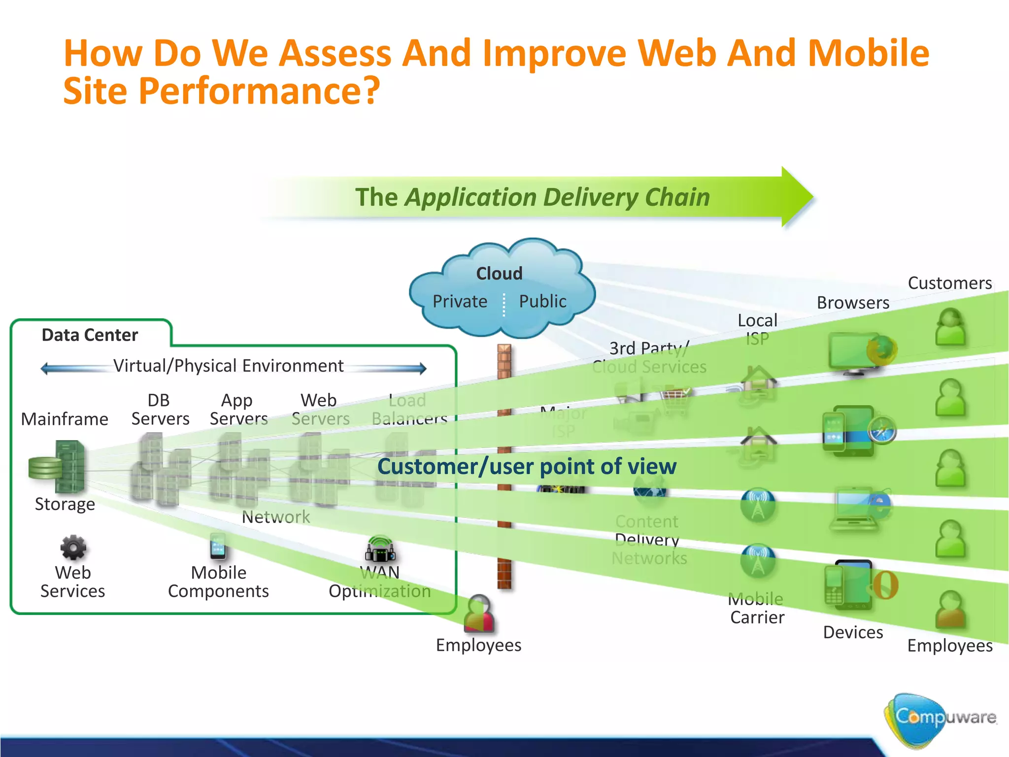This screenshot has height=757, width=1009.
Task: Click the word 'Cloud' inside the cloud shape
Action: [499, 274]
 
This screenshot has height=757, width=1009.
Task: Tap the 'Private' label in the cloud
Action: [460, 301]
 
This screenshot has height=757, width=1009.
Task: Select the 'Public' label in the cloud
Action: [542, 301]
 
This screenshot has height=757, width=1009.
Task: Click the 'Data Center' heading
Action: [90, 335]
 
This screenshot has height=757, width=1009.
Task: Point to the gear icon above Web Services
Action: [73, 548]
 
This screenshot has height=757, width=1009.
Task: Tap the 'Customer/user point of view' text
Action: [527, 466]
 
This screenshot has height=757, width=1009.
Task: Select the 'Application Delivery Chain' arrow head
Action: [796, 197]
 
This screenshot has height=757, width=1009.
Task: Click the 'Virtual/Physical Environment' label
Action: [228, 366]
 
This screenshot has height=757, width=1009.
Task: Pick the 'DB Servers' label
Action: [160, 410]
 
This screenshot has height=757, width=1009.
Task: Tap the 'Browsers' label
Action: [853, 303]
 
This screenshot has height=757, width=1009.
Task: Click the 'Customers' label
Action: [949, 283]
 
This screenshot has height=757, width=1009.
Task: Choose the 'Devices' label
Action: [853, 632]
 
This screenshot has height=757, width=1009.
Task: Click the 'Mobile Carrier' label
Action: [757, 608]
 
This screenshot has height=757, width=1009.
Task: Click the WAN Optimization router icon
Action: [380, 550]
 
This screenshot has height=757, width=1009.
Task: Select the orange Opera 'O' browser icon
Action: [885, 585]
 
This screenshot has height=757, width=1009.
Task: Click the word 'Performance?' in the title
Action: [259, 91]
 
